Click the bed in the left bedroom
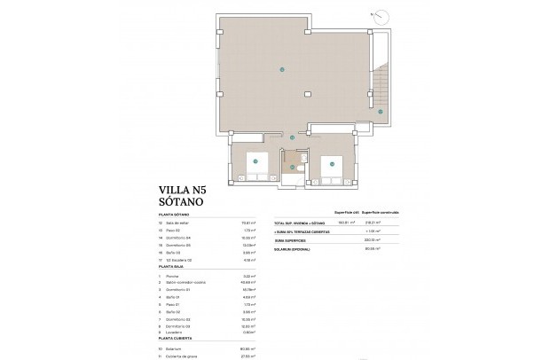coord(256,163)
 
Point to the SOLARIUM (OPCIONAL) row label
coord(295,248)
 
